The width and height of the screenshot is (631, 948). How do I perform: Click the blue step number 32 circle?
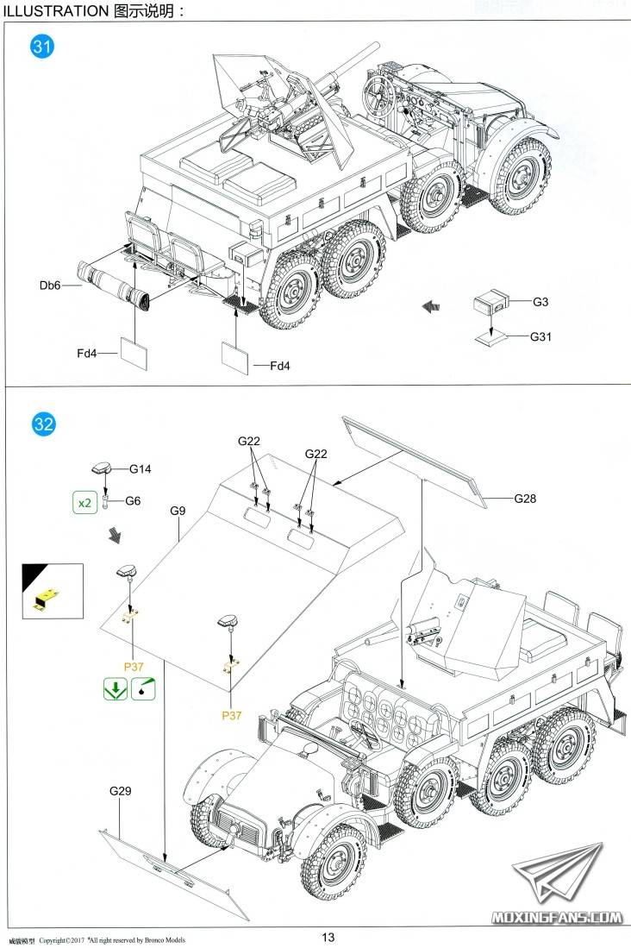(43, 424)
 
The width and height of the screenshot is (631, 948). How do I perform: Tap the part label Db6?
(49, 286)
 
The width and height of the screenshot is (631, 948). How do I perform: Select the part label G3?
(540, 302)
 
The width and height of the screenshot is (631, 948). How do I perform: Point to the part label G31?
(540, 336)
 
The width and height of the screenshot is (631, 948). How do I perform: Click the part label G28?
(525, 499)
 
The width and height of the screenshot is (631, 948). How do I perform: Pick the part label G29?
(120, 791)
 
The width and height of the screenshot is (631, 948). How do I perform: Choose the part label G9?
(178, 511)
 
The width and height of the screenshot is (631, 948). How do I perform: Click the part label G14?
(141, 469)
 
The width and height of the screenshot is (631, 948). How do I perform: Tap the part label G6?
(133, 501)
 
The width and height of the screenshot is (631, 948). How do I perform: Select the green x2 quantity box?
(84, 503)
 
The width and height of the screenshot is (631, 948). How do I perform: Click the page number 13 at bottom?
(327, 938)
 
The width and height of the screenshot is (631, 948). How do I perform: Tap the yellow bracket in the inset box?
(48, 598)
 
